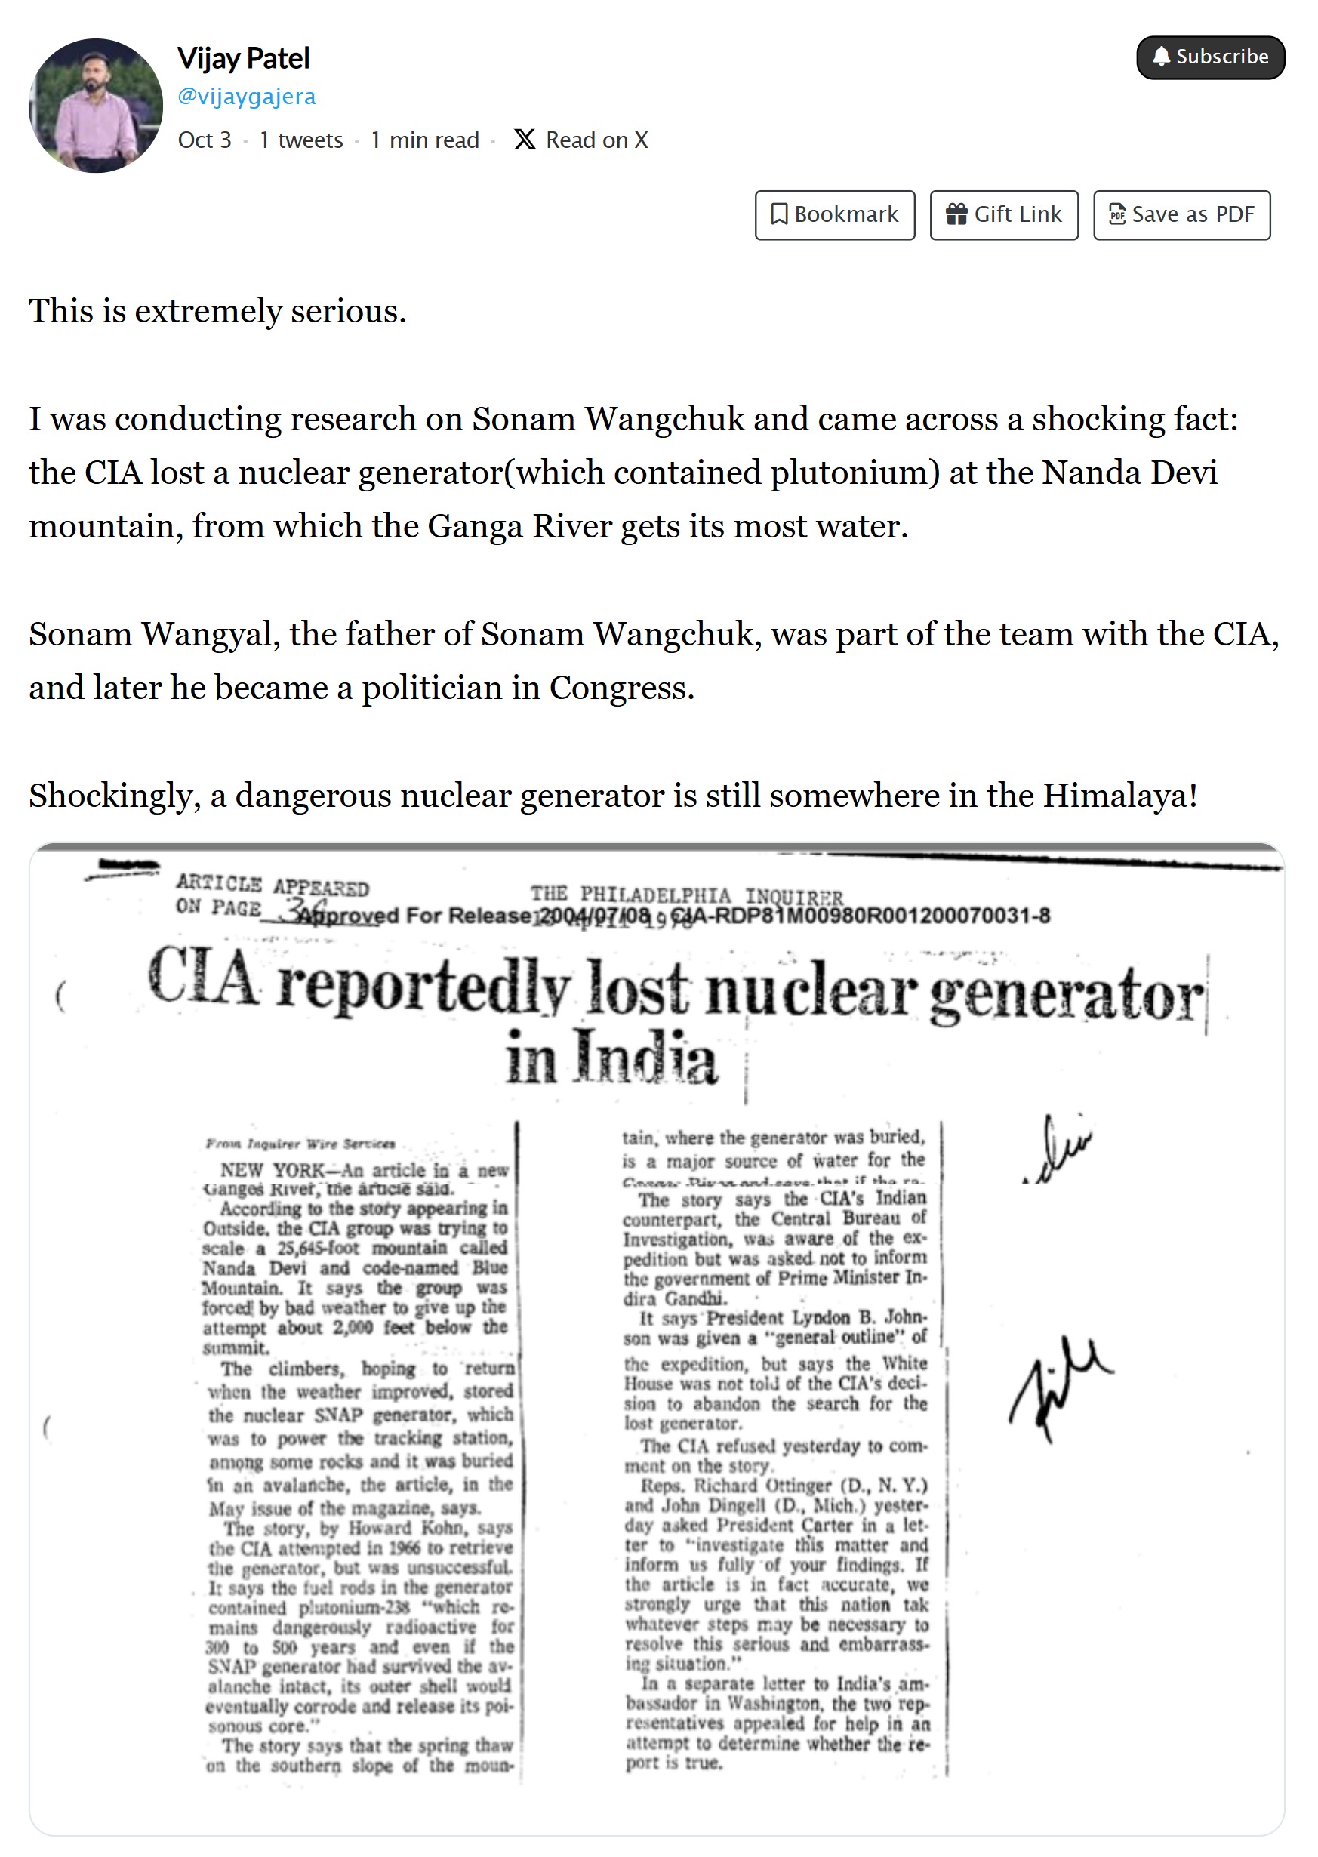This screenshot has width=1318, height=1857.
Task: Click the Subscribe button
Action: point(1210,57)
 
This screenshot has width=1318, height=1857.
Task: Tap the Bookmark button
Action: point(834,215)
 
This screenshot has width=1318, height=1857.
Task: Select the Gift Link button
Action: point(1004,215)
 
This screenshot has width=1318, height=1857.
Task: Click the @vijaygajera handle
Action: point(247,97)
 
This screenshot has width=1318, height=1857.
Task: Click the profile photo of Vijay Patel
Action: point(96,106)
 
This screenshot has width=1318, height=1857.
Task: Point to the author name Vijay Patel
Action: point(244,58)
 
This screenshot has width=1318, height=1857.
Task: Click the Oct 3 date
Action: point(205,140)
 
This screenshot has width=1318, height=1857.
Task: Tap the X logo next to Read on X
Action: point(525,140)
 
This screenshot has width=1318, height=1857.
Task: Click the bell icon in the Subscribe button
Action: point(1162,56)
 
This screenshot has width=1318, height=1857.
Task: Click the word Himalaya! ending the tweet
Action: point(1120,796)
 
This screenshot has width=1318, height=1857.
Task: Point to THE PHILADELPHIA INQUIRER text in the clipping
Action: point(687,895)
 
